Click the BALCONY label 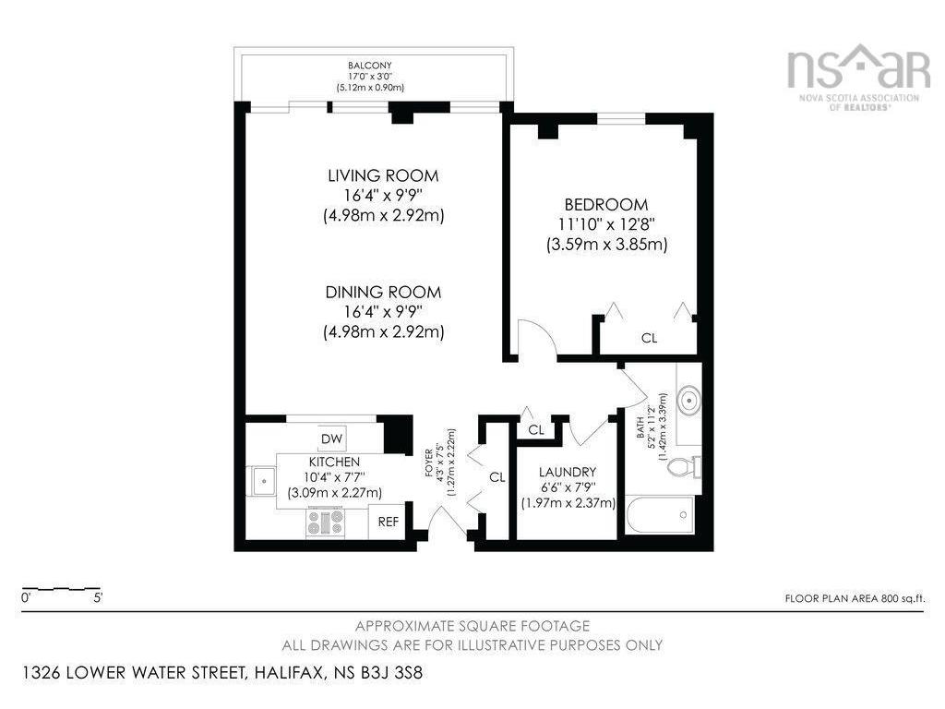370,66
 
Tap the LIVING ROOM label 383,175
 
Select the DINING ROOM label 383,293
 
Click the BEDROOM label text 606,204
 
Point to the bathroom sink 688,399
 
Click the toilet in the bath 685,466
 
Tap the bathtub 660,515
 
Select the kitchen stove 326,521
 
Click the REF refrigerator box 389,522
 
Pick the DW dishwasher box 331,439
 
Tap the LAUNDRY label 568,472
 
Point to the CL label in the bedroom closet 649,338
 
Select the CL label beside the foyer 497,477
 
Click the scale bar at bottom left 60,588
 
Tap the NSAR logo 858,77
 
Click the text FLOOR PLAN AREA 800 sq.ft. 855,598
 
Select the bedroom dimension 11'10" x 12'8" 606,224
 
